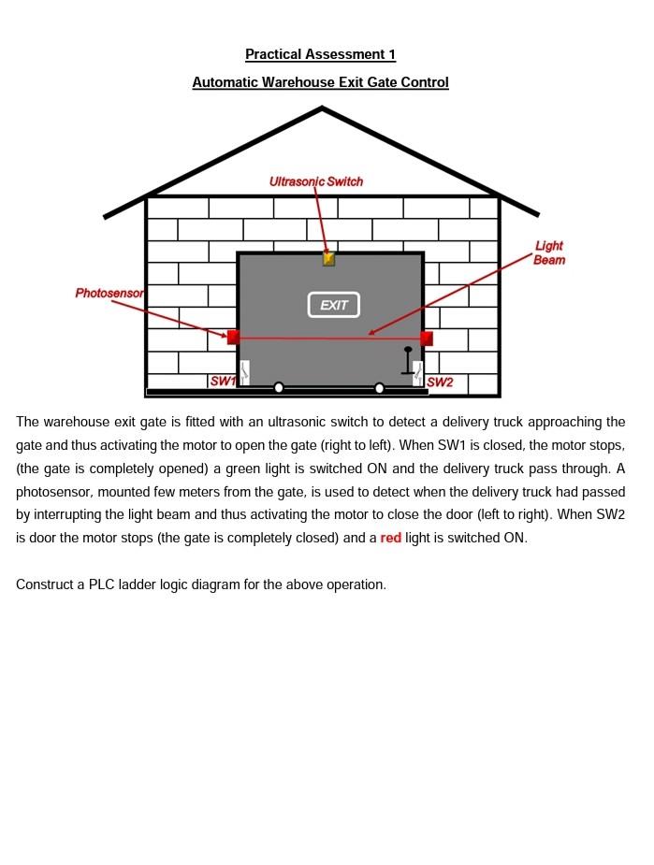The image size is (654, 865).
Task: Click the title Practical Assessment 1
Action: click(320, 54)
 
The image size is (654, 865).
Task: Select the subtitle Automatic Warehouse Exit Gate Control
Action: click(320, 82)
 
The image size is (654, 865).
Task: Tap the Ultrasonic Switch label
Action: click(316, 181)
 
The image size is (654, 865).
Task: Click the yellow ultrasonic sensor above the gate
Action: click(328, 259)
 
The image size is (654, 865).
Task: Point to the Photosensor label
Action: click(109, 293)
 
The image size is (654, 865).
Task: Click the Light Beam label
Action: click(549, 252)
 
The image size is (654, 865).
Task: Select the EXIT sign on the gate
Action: click(334, 305)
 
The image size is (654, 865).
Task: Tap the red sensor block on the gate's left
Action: click(233, 337)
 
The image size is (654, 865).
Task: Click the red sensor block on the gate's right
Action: click(427, 339)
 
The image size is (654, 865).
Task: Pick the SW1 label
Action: click(223, 381)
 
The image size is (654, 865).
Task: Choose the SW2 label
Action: click(440, 382)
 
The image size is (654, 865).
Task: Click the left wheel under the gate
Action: click(279, 387)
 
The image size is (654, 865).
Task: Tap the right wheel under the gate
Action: click(379, 388)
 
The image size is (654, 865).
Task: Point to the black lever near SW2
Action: click(408, 360)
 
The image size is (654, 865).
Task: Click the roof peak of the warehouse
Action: click(322, 109)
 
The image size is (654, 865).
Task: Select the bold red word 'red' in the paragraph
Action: click(390, 538)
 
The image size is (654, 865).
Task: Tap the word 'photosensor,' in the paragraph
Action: click(52, 492)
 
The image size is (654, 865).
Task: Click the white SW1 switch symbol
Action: click(244, 372)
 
